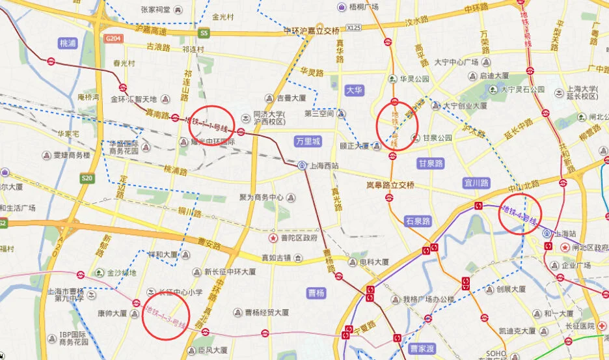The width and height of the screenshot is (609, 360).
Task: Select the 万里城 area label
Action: point(308,141)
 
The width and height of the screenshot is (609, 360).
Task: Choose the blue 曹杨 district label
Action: point(317,293)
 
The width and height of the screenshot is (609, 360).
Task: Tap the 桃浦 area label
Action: point(68,43)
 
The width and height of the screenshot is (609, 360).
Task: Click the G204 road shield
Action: point(113,38)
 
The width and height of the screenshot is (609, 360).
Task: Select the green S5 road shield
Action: point(204,33)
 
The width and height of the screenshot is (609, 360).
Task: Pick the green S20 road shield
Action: point(87,178)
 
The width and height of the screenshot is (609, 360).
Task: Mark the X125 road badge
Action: point(353,28)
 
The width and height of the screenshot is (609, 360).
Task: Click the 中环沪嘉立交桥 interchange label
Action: point(312,31)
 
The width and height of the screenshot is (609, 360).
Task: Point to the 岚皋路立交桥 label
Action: point(390,185)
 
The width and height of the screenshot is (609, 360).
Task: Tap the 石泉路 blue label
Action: point(418,221)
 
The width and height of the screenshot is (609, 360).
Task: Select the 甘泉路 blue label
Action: point(431,163)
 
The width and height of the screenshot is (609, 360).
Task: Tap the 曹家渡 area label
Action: point(422,349)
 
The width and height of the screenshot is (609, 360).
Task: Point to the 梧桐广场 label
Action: point(364,7)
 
